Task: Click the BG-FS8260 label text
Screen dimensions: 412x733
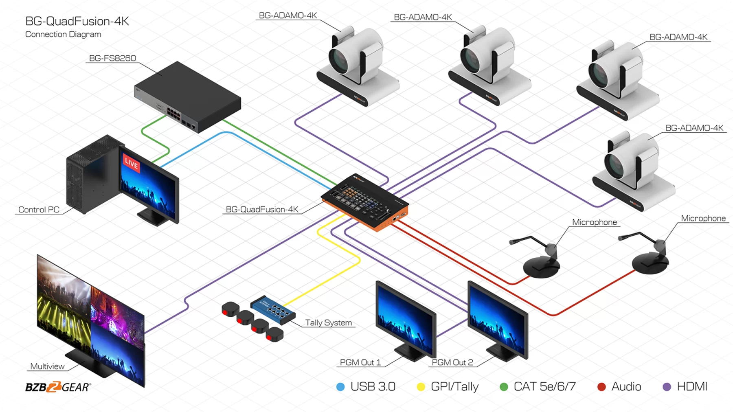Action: pyautogui.click(x=112, y=58)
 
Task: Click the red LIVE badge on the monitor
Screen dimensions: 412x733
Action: pyautogui.click(x=131, y=163)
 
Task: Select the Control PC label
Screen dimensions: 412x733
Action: pyautogui.click(x=39, y=210)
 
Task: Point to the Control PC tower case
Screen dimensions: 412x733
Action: pyautogui.click(x=92, y=175)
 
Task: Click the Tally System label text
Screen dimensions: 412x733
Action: pyautogui.click(x=328, y=323)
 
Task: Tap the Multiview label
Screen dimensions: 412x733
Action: pyautogui.click(x=47, y=366)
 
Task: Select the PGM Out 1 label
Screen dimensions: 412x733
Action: pyautogui.click(x=360, y=362)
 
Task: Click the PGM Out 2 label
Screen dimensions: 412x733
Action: pyautogui.click(x=452, y=362)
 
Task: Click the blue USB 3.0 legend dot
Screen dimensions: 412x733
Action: pyautogui.click(x=340, y=387)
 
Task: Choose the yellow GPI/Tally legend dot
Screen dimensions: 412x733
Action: pyautogui.click(x=421, y=387)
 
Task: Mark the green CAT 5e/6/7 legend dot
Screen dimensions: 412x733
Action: pyautogui.click(x=504, y=387)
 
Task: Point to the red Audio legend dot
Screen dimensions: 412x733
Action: pyautogui.click(x=601, y=387)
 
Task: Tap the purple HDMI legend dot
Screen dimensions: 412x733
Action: pyautogui.click(x=667, y=387)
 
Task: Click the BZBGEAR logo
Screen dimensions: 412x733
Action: pyautogui.click(x=58, y=387)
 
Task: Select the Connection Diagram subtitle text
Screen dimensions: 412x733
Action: pyautogui.click(x=63, y=34)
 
